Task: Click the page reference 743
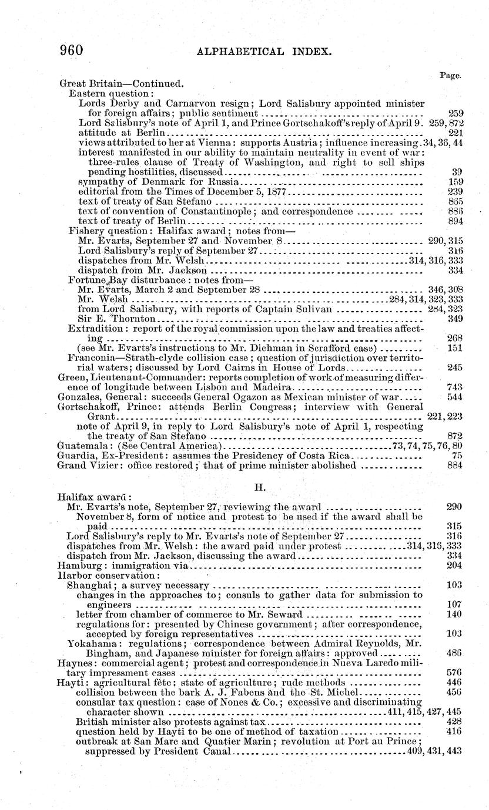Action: tap(455, 387)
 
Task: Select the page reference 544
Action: tap(455, 397)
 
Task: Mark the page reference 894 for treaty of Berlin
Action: tap(455, 221)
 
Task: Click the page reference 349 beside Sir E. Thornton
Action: tap(455, 319)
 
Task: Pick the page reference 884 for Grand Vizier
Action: tap(455, 466)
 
